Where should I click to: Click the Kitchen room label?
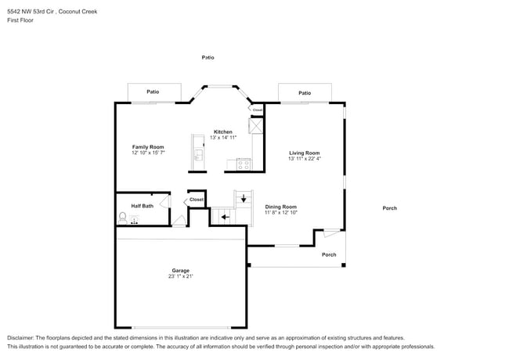point(222,131)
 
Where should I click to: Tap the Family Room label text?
point(147,147)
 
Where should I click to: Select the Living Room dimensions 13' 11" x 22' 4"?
point(305,159)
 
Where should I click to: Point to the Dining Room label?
point(280,207)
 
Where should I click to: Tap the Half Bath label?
point(142,206)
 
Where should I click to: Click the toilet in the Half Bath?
point(123,218)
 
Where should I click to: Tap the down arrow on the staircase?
point(244,199)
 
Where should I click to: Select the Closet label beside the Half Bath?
point(196,200)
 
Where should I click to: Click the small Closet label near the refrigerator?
point(257,110)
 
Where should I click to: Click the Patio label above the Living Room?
point(305,93)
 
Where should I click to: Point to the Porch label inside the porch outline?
point(329,254)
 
